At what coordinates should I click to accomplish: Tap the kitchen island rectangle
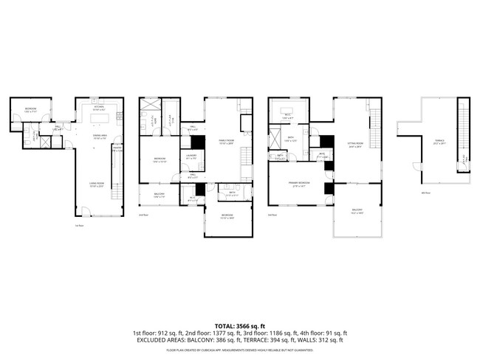tap(100, 118)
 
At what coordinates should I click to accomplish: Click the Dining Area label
tap(100, 138)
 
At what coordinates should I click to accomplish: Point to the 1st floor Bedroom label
tap(30, 109)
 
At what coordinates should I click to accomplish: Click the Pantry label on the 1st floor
tap(117, 150)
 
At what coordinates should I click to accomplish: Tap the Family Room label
tap(225, 142)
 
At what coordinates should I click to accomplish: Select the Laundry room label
tap(191, 156)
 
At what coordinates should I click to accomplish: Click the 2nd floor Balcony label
tap(160, 195)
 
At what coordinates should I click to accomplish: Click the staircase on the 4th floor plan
tap(463, 133)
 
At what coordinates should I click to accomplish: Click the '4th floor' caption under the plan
tap(425, 193)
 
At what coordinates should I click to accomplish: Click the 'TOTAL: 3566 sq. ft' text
tap(239, 325)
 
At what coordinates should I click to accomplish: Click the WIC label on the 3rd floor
tap(322, 156)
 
